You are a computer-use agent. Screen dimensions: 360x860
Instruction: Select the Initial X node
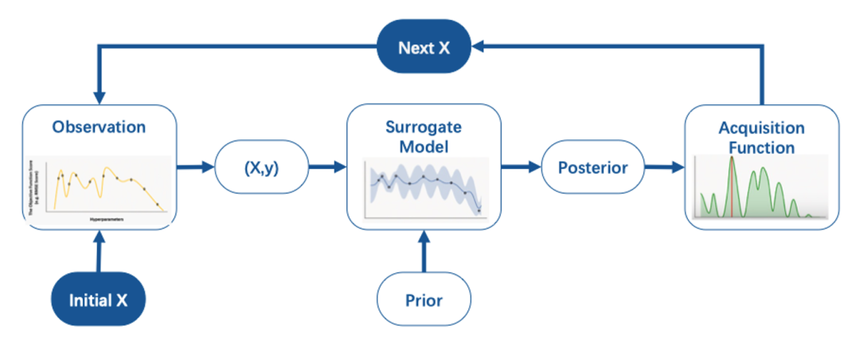[99, 301]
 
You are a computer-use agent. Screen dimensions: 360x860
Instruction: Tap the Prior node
[424, 301]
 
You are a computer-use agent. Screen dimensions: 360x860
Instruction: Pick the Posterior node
[592, 168]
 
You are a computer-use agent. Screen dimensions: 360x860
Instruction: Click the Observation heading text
[99, 127]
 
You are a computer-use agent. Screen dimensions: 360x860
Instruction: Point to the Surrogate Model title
[424, 137]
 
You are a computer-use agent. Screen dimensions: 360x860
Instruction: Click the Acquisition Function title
[761, 138]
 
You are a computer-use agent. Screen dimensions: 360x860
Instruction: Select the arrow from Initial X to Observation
[99, 252]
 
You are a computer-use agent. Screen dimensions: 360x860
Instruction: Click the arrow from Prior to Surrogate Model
[424, 252]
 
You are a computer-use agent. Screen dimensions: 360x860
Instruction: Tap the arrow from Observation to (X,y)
[195, 168]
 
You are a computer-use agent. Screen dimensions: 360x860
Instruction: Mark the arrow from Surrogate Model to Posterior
[521, 168]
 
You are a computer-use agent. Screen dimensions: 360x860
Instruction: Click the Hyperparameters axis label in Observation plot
[105, 216]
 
